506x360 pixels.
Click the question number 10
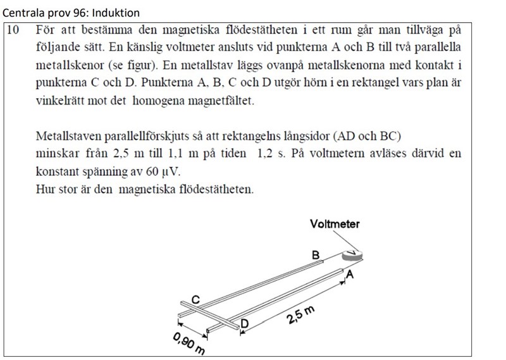[14, 30]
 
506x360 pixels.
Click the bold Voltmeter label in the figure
[335, 223]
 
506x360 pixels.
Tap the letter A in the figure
[349, 275]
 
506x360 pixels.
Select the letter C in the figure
[196, 299]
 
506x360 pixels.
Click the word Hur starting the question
[46, 189]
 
